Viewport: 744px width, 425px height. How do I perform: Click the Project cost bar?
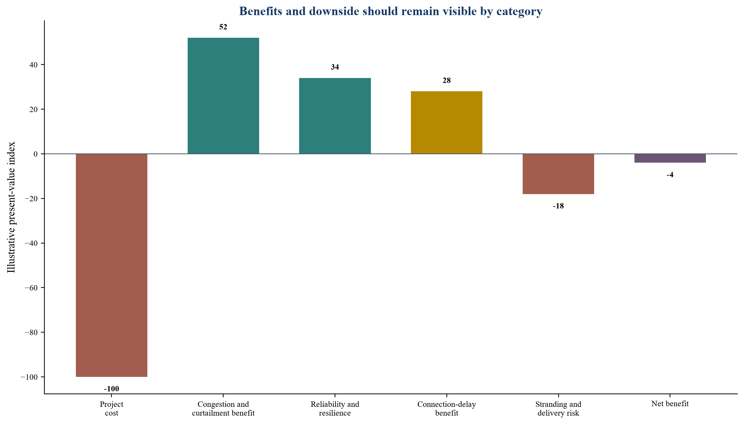(111, 265)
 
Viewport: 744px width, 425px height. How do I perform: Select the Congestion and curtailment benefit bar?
(223, 96)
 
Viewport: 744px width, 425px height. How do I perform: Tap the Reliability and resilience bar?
(335, 116)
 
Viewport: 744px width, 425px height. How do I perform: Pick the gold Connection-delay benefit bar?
(446, 122)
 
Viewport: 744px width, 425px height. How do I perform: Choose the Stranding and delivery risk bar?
(558, 174)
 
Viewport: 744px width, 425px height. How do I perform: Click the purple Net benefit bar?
(670, 158)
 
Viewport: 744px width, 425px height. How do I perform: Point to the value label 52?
(223, 27)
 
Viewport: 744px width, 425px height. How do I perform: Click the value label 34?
(335, 67)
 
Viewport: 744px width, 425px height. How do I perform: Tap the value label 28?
(446, 81)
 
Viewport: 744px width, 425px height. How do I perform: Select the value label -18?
(558, 206)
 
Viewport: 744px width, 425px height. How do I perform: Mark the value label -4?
(670, 175)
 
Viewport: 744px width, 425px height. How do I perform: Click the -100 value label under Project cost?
(111, 389)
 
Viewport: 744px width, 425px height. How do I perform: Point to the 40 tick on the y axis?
(33, 65)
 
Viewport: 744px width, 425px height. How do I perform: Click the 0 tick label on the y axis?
(35, 154)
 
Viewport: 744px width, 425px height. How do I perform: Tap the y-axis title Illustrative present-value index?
(11, 207)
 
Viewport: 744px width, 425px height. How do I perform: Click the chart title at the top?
(391, 11)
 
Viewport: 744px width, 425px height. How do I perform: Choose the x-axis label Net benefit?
(670, 404)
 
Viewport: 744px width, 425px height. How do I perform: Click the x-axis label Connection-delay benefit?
(446, 408)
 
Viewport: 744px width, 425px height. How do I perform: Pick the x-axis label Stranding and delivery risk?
(558, 408)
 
